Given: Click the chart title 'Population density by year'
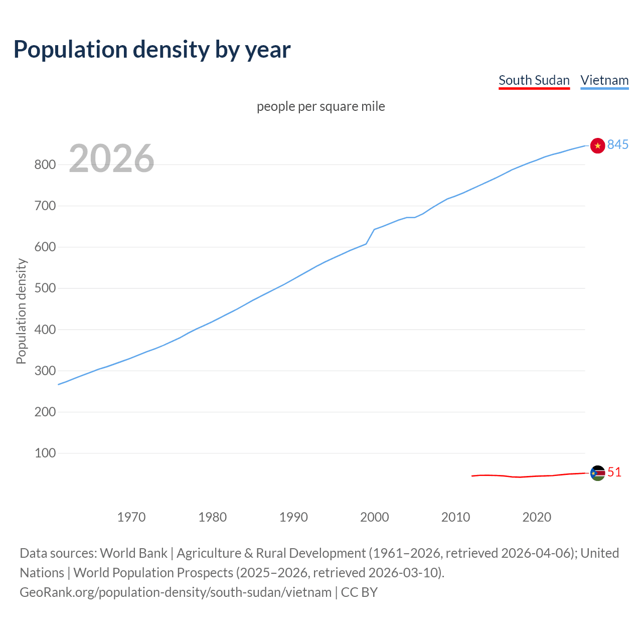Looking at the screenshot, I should pyautogui.click(x=152, y=49).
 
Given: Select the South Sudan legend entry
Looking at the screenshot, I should pyautogui.click(x=534, y=80).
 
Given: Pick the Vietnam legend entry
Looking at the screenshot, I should pyautogui.click(x=604, y=80).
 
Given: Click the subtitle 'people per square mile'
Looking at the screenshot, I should pyautogui.click(x=321, y=106).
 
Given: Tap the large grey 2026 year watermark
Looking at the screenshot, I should pyautogui.click(x=111, y=158).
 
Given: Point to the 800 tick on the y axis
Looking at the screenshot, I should pyautogui.click(x=45, y=165).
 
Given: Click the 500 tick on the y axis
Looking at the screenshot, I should pyautogui.click(x=45, y=288).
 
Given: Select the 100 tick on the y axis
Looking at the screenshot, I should pyautogui.click(x=45, y=453).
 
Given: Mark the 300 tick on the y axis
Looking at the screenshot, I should pyautogui.click(x=45, y=371).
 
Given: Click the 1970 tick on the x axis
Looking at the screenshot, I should pyautogui.click(x=131, y=517).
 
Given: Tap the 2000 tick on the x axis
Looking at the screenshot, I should pyautogui.click(x=375, y=517).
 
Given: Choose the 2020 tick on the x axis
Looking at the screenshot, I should pyautogui.click(x=537, y=517).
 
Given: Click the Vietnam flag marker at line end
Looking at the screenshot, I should pyautogui.click(x=597, y=145).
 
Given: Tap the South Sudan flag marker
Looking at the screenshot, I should pyautogui.click(x=597, y=473).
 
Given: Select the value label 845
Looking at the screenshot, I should pyautogui.click(x=618, y=144).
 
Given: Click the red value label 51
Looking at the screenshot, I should pyautogui.click(x=614, y=472).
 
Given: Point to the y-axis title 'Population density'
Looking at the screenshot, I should pyautogui.click(x=21, y=311).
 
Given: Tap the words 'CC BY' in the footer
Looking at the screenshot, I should pyautogui.click(x=359, y=592).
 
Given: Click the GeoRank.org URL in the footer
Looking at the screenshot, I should pyautogui.click(x=176, y=592).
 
